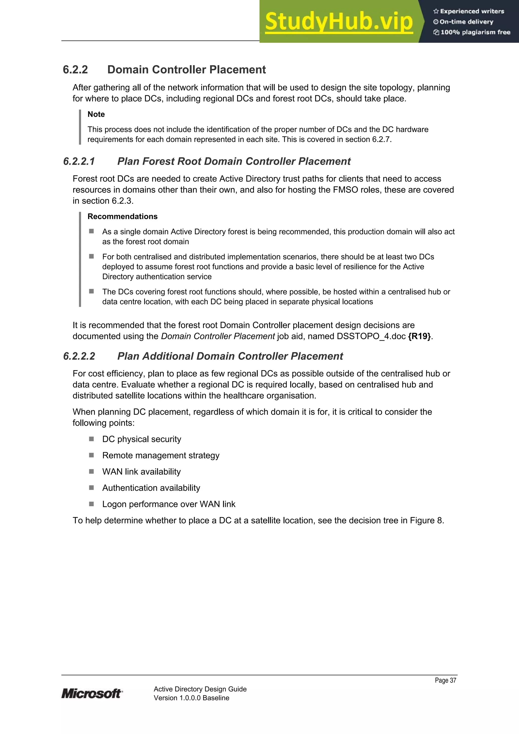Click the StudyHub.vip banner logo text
[339, 22]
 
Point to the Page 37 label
[445, 680]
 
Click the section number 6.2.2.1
[79, 161]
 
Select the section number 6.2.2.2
[79, 356]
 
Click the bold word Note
[96, 114]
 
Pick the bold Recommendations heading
[122, 216]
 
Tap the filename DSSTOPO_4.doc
[371, 336]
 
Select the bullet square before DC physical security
[91, 439]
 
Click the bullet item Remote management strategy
[161, 455]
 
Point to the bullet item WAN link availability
[141, 472]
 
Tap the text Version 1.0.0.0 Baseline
[191, 698]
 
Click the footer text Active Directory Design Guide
[200, 689]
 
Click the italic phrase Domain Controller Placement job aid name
[218, 336]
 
